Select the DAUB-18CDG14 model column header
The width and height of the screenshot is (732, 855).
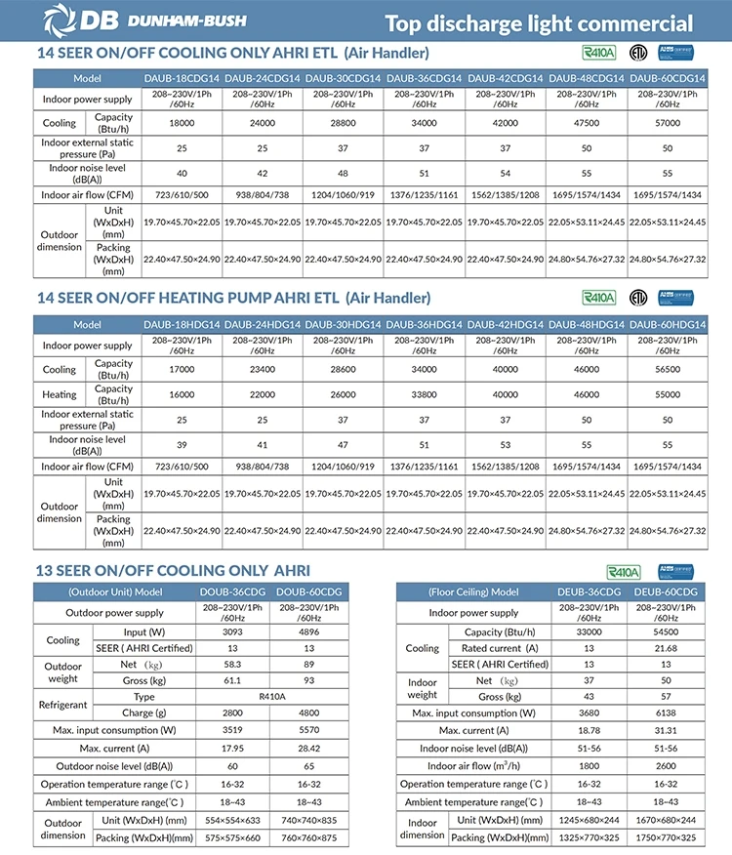(183, 78)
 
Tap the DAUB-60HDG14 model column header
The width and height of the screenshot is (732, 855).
(667, 324)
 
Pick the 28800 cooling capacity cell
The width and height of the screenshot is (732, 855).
(344, 124)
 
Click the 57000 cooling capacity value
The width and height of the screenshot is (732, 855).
(667, 124)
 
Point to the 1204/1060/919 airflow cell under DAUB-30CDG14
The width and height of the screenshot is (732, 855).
(344, 195)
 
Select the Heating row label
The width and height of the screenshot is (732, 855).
(59, 395)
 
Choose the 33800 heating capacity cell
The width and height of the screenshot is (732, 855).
(425, 395)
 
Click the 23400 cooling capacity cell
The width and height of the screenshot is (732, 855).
(263, 370)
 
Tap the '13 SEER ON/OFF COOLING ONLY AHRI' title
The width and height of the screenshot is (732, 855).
(173, 570)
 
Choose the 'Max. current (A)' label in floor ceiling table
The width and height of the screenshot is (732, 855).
(477, 731)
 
